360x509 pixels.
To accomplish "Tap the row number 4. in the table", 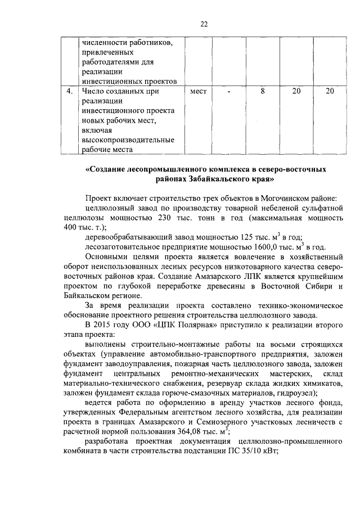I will pos(68,91).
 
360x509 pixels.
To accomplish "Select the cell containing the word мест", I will pos(199,91).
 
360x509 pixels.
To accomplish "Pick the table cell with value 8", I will pos(262,91).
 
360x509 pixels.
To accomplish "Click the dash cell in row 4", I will pos(228,91).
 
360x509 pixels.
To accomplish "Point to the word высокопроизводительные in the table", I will pos(120,139).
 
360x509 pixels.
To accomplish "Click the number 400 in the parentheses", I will pos(71,228).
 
